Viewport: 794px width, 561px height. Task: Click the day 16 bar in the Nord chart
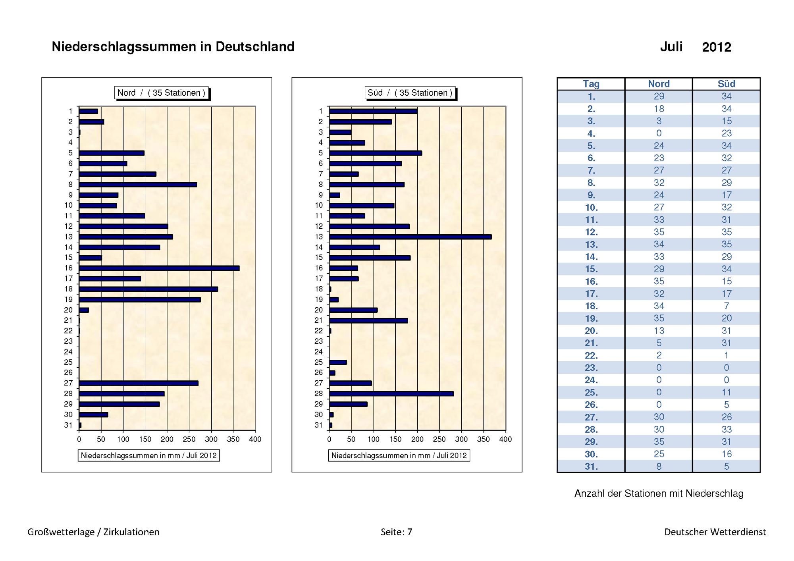point(159,268)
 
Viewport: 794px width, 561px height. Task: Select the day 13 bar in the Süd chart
point(410,237)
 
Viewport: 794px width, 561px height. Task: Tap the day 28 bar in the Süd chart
point(391,393)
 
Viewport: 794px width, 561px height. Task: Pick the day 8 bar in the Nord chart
point(138,185)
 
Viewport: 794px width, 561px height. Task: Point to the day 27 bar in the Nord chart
point(139,383)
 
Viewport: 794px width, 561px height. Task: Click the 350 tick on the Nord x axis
point(233,439)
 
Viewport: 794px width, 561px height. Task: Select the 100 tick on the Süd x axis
point(373,439)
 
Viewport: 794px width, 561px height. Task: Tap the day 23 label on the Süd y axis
point(319,341)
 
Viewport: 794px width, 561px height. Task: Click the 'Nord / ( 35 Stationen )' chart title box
point(161,93)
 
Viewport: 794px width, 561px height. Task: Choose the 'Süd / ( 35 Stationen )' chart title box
point(410,93)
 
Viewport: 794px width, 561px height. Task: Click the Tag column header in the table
point(591,84)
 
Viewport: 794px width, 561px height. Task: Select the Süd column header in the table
point(727,84)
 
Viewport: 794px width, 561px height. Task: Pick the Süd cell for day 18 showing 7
point(727,306)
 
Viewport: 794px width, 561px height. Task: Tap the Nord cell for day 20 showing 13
point(659,331)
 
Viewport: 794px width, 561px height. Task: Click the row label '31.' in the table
point(591,467)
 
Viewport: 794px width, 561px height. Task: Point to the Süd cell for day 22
point(727,355)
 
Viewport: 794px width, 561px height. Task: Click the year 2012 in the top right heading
point(717,47)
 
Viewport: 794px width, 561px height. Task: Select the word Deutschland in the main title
point(255,47)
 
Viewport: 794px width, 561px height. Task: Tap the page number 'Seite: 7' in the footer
point(396,532)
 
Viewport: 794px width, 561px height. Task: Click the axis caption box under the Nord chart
point(149,455)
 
